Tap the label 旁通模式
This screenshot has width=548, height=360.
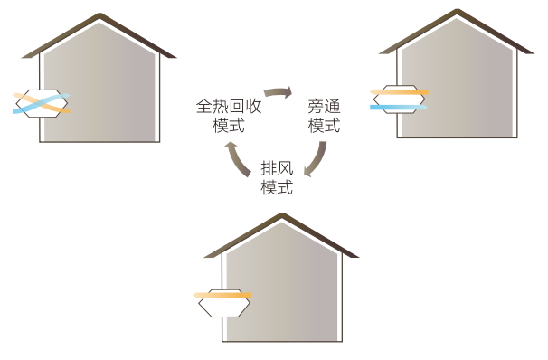coord(323,116)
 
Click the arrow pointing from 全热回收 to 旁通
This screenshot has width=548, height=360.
coord(279,91)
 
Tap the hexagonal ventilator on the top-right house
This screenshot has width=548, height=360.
coord(399,97)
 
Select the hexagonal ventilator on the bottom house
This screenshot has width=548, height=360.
coord(222,302)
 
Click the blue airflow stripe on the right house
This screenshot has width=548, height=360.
coord(398,107)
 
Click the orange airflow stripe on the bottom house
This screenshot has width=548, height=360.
coord(221,295)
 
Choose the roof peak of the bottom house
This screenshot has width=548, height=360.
coord(282,215)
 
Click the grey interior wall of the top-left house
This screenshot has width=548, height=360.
coord(109,90)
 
